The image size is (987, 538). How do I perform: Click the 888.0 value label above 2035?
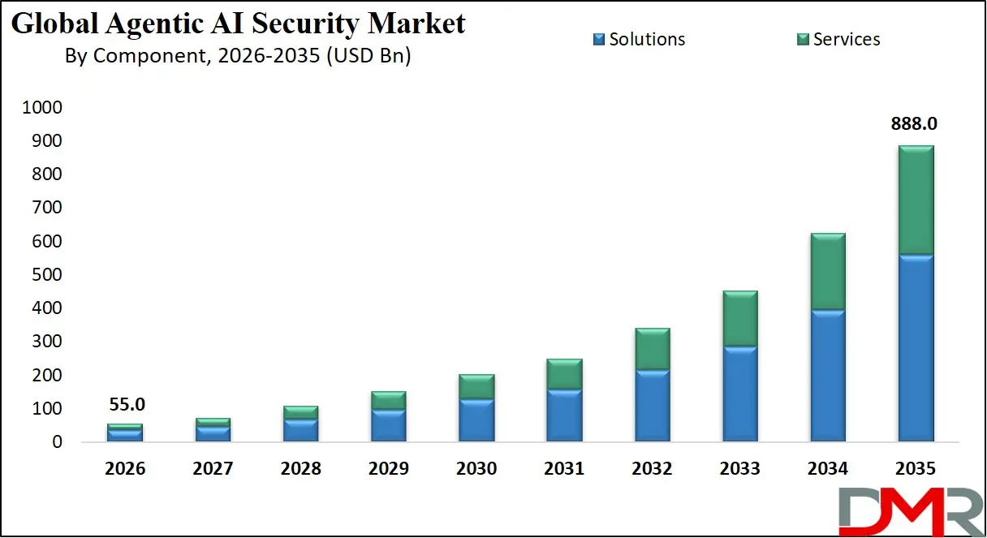point(915,124)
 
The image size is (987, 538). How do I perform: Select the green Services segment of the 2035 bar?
point(916,200)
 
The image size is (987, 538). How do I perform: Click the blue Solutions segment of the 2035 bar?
point(916,348)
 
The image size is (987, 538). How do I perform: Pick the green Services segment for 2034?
point(828,271)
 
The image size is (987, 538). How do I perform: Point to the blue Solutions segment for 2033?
point(740,394)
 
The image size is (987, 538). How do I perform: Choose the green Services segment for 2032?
point(652,349)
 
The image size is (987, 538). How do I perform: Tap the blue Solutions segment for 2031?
point(564,415)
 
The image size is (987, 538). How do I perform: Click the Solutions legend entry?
point(639,39)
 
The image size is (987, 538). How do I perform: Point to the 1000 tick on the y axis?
point(42,108)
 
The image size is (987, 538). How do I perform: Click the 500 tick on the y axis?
point(47,275)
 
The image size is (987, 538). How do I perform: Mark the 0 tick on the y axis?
point(57,442)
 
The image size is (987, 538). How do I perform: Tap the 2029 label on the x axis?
point(389,469)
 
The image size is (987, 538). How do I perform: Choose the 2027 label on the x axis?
point(213,469)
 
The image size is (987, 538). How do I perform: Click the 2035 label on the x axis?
point(916,469)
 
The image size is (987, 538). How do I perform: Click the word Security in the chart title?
point(309,24)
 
